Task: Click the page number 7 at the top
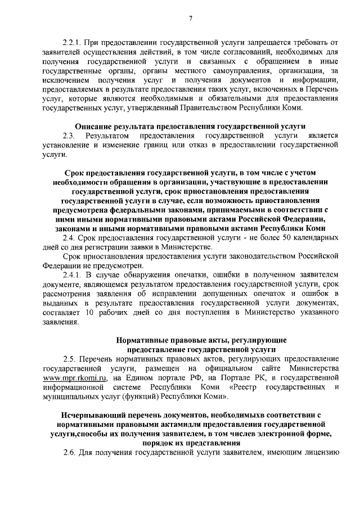pos(191,18)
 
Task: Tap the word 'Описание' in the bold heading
pos(94,127)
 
